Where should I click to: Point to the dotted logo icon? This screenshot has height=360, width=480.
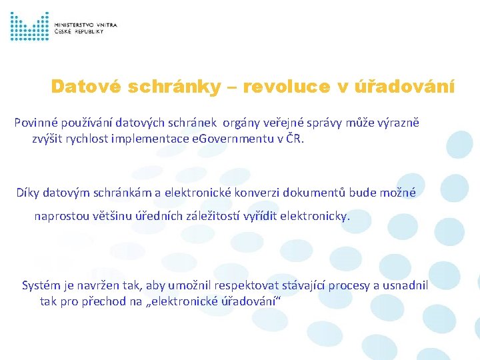coord(29,27)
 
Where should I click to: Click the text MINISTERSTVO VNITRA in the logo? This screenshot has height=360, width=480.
coord(86,25)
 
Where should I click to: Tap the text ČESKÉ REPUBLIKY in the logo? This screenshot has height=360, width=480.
coord(79,31)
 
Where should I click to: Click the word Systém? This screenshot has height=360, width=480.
coord(42,285)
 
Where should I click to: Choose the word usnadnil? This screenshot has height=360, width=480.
coord(403,285)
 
